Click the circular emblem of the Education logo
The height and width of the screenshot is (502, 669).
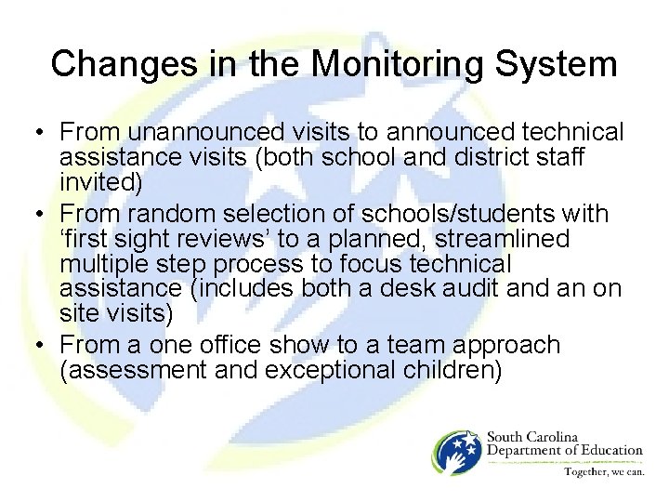[454, 452]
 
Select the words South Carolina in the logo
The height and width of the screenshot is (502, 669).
[532, 437]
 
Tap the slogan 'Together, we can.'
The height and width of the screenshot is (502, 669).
[603, 471]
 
